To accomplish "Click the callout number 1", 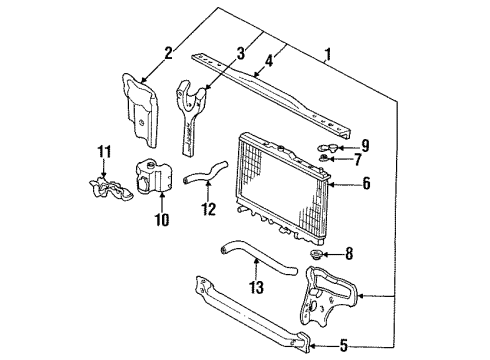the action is pos(328,55).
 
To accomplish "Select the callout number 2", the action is pos(169,53).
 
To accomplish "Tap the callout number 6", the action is pos(366,183).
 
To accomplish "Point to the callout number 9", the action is pos(365,146).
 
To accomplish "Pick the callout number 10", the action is pos(162,220).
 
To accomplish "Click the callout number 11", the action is pos(104,152).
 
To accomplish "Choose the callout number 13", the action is pos(257,287).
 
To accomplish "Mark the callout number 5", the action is pos(343,346).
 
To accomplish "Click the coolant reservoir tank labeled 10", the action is pos(154,177).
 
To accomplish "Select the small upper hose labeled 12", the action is pos(204,172).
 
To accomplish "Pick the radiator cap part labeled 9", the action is pos(322,147).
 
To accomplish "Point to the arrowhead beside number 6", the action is pos(330,184).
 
